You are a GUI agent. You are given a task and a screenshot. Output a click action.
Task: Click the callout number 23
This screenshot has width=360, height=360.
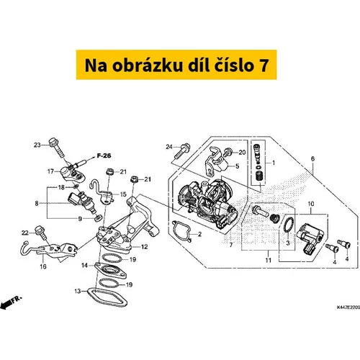coord(37,145)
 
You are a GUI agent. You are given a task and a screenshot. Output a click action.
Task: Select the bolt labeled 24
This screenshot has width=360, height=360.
coord(183,150)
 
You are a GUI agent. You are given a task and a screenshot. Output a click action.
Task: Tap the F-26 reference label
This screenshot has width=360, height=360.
coord(104,156)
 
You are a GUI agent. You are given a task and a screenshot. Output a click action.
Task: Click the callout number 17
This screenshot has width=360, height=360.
coord(50,171)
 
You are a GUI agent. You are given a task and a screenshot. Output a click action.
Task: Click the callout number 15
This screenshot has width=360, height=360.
coord(123,194)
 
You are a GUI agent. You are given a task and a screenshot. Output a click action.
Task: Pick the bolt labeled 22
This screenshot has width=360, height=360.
coord(40,232)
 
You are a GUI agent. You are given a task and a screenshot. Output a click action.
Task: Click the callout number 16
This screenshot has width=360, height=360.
coord(43,266)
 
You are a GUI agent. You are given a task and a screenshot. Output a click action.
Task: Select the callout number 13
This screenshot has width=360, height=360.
coord(78,292)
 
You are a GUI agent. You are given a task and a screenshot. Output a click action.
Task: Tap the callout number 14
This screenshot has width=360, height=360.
coord(85,266)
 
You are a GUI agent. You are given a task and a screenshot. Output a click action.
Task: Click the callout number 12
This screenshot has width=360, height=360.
coord(144,247)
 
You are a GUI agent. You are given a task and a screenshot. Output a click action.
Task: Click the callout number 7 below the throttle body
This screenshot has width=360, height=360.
coord(231,245)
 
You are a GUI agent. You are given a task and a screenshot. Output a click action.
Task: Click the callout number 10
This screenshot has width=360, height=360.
coord(311,204)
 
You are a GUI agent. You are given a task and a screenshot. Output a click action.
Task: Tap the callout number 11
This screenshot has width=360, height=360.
coord(268,260)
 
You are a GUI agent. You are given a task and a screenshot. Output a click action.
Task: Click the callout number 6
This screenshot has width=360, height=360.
coord(312,158)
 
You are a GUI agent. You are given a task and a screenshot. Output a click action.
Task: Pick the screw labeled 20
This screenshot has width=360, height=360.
coord(228,152)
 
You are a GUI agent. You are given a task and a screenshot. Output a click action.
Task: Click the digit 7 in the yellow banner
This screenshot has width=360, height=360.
coord(264,65)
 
